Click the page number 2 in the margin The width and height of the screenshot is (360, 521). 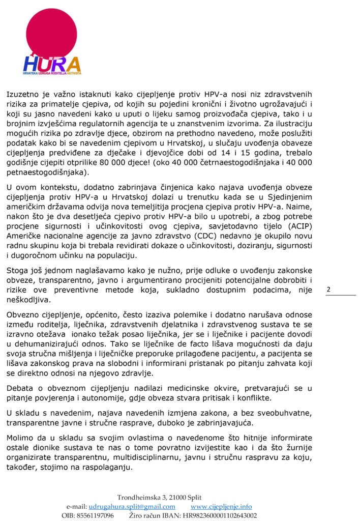click(328, 290)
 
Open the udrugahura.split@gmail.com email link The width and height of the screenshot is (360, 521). click(132, 507)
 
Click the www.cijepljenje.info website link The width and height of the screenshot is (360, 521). click(221, 507)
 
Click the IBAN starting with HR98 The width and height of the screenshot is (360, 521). click(219, 515)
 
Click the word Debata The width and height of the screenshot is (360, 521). click(20, 388)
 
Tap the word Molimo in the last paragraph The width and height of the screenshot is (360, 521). click(21, 438)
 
